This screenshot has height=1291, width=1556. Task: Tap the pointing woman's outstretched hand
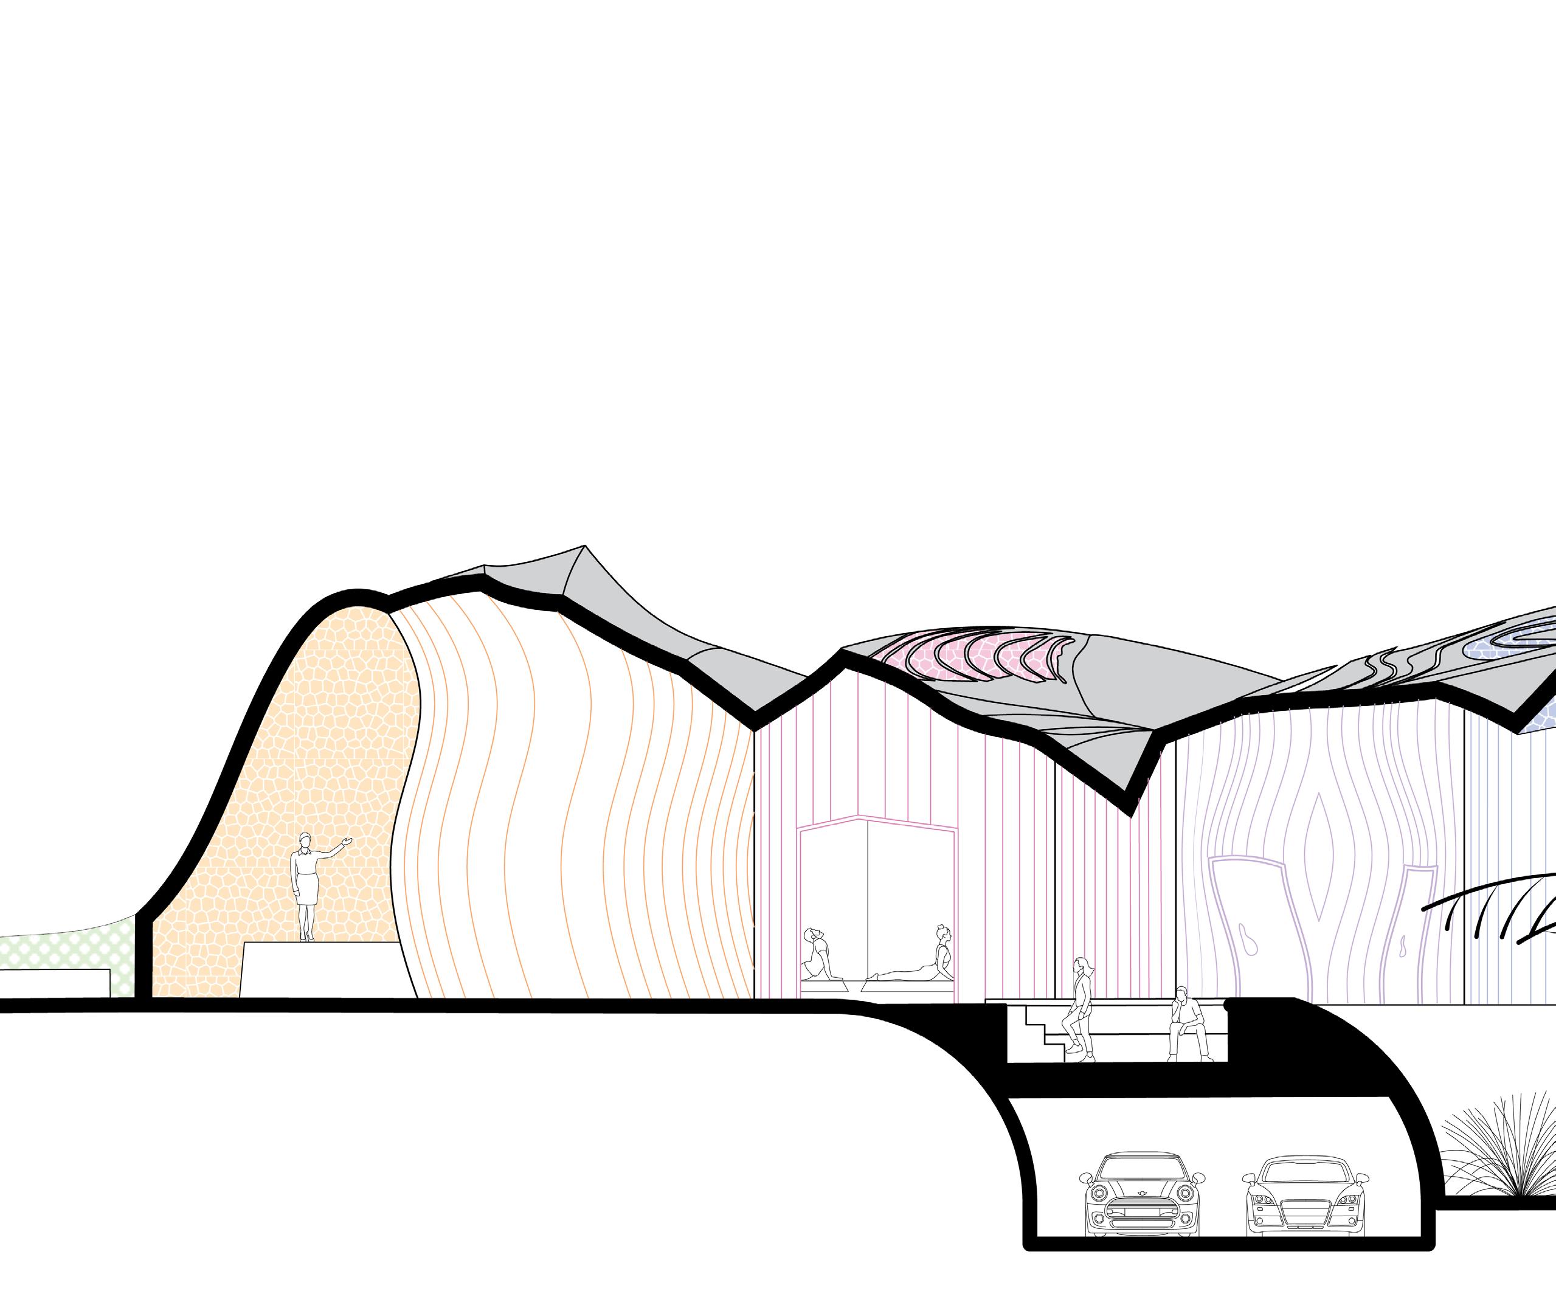tap(346, 841)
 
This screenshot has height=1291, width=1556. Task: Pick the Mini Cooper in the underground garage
tap(1142, 1200)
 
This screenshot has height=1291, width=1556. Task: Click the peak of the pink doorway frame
tap(860, 817)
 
